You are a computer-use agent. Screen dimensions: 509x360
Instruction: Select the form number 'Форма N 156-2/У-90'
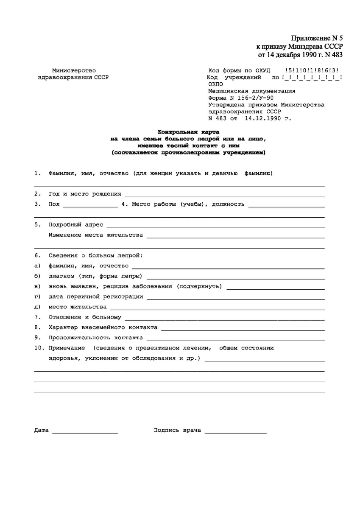[240, 98]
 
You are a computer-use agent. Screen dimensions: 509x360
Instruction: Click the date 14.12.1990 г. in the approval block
[268, 118]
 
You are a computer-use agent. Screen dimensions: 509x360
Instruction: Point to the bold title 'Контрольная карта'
[189, 132]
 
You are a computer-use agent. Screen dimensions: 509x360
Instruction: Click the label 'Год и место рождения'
[85, 194]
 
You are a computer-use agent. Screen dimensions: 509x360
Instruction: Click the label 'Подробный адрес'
[75, 224]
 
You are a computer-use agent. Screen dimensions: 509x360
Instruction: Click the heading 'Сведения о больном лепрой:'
[96, 255]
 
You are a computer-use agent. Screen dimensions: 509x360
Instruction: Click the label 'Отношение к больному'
[85, 317]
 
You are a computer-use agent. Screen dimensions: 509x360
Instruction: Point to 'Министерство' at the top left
[74, 70]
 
